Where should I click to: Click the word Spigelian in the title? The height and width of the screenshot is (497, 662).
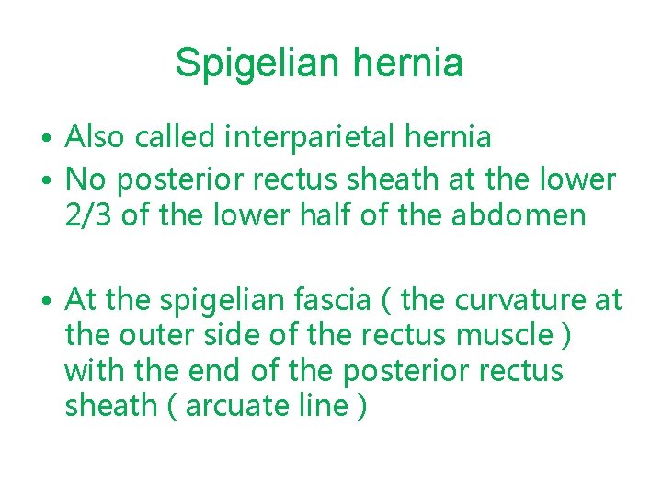(x=249, y=64)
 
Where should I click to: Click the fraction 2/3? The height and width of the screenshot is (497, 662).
(x=87, y=215)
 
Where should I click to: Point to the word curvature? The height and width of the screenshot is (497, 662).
(x=511, y=300)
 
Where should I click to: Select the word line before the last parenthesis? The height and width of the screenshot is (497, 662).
(x=322, y=406)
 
